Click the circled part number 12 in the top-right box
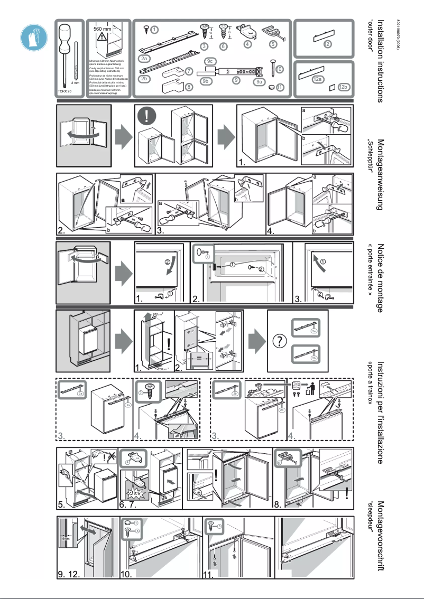(x=328, y=43)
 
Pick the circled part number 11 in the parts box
(x=280, y=87)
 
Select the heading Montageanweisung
(x=380, y=174)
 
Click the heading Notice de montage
(x=380, y=277)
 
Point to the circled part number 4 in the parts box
(x=247, y=44)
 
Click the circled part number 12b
(x=343, y=86)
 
